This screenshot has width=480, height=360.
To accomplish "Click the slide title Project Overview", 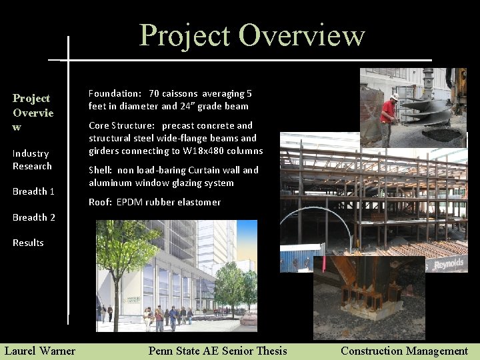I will click(251, 35).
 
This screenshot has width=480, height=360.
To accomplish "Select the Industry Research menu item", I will click(31, 159).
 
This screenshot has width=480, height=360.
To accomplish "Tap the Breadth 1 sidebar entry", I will click(33, 191).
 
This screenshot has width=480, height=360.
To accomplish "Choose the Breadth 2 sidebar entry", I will click(33, 217).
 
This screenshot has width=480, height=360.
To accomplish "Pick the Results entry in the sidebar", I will click(28, 243).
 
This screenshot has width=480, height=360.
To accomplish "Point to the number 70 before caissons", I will click(154, 93).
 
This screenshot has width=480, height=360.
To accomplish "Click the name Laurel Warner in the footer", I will click(40, 351).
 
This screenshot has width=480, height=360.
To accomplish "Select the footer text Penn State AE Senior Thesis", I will click(217, 351).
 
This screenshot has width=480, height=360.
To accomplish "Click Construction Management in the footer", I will click(404, 351).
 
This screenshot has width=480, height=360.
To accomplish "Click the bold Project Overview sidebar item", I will click(33, 112).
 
